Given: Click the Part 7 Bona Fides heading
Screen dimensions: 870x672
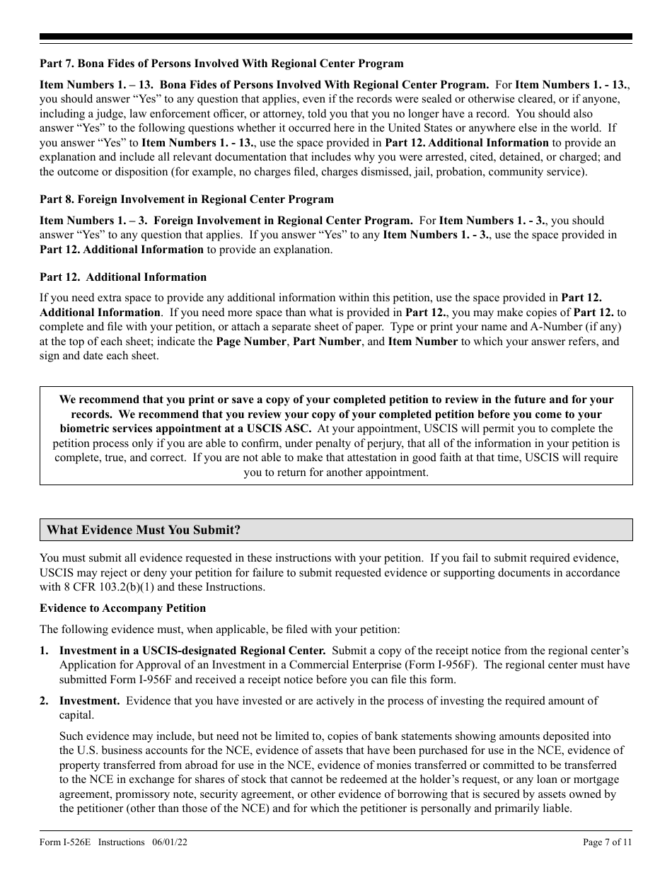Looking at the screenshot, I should tap(221, 64).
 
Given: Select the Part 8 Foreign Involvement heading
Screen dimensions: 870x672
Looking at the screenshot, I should tap(186, 199).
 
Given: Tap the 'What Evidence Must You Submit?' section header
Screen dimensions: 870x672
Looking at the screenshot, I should tap(144, 530).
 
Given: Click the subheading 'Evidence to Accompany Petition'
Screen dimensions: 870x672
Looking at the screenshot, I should tap(122, 608).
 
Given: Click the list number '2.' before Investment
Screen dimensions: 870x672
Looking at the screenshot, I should tap(45, 700).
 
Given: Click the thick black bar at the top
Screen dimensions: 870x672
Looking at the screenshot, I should tap(336, 37).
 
